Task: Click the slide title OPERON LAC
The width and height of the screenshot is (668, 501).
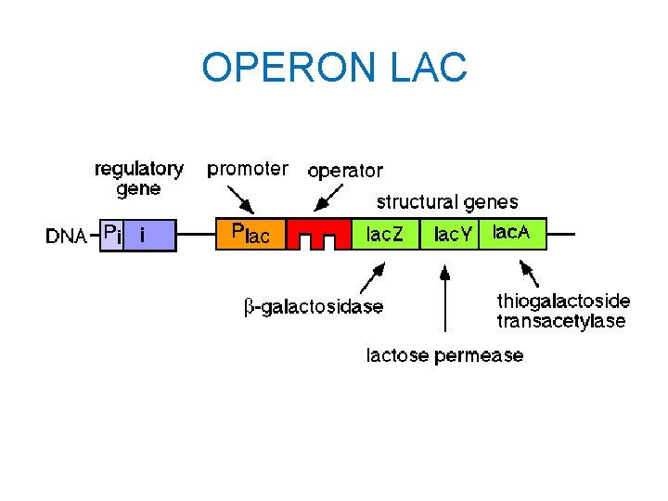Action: [x=334, y=68]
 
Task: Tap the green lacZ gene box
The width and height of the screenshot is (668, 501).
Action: [x=385, y=235]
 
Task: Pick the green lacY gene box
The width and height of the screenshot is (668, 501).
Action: [x=448, y=235]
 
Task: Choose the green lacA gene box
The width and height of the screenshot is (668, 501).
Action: [x=511, y=234]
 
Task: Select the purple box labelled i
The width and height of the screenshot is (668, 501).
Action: [x=148, y=235]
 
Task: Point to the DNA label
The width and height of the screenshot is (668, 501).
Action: [x=67, y=237]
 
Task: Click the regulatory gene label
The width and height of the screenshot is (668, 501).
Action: [x=139, y=179]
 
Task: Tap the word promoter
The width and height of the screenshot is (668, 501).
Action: [x=247, y=169]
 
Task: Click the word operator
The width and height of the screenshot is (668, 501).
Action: [x=344, y=171]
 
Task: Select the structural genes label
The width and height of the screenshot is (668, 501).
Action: [x=447, y=201]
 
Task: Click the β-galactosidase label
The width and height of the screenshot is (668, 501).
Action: [x=314, y=307]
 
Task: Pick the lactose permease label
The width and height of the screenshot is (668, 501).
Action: [x=444, y=355]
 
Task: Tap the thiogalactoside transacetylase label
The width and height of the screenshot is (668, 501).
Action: [x=562, y=311]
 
